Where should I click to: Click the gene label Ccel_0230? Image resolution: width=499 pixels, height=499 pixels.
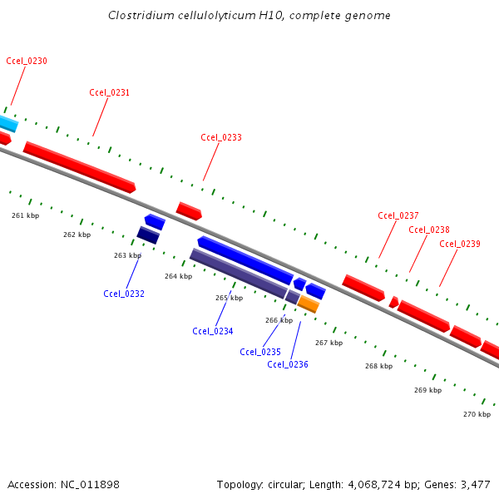pyautogui.click(x=26, y=61)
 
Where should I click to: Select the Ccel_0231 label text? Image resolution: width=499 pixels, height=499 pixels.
pyautogui.click(x=109, y=92)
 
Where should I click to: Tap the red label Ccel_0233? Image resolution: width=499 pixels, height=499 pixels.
pyautogui.click(x=221, y=137)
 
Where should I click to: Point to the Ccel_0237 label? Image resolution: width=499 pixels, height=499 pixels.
pyautogui.click(x=398, y=215)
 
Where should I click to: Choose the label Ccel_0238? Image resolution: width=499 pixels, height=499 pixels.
pyautogui.click(x=429, y=230)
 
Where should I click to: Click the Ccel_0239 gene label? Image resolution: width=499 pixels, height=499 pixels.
pyautogui.click(x=460, y=244)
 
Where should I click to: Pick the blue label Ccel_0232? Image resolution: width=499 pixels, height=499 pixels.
pyautogui.click(x=124, y=294)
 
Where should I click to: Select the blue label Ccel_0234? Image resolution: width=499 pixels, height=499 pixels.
pyautogui.click(x=213, y=331)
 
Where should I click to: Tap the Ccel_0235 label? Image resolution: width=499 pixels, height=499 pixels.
pyautogui.click(x=260, y=352)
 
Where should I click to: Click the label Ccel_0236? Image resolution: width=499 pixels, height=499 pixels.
pyautogui.click(x=288, y=364)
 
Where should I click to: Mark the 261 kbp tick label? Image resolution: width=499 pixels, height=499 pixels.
pyautogui.click(x=25, y=215)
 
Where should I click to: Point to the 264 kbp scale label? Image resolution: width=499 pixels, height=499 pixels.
pyautogui.click(x=178, y=276)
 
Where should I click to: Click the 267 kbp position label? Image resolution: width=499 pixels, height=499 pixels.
pyautogui.click(x=329, y=343)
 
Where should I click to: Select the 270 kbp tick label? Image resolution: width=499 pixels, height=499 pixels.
pyautogui.click(x=477, y=413)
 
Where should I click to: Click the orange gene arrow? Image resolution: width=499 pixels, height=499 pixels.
pyautogui.click(x=309, y=304)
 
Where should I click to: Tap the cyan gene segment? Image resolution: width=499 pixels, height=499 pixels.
pyautogui.click(x=7, y=124)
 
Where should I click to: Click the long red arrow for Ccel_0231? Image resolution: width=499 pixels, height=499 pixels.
pyautogui.click(x=79, y=166)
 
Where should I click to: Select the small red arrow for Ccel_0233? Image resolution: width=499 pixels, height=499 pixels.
pyautogui.click(x=189, y=210)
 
